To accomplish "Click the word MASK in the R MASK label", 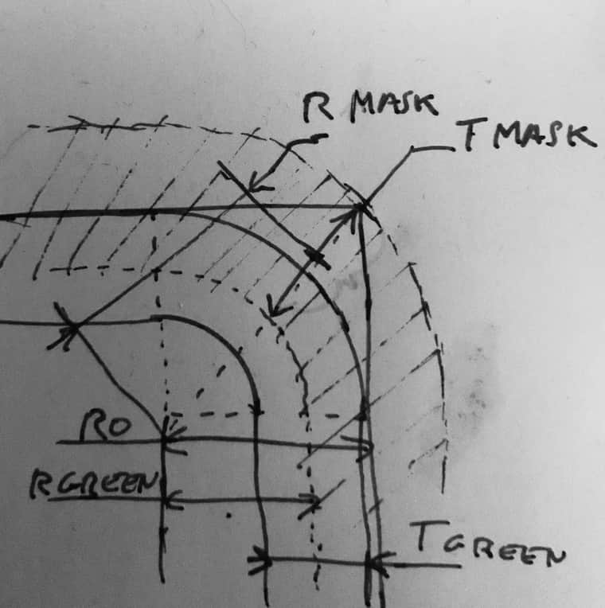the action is click(x=396, y=106).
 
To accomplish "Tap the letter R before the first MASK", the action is click(x=318, y=107).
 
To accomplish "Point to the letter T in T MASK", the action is click(x=470, y=133).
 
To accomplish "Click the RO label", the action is click(x=106, y=426).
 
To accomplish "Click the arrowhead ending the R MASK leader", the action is click(x=257, y=184).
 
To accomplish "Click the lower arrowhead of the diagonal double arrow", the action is click(x=276, y=307).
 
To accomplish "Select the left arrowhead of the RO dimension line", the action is click(x=173, y=440).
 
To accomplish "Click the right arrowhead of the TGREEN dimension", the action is click(x=377, y=563).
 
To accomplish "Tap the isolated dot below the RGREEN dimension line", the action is click(x=228, y=516).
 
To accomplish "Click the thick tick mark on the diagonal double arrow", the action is click(x=317, y=258).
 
